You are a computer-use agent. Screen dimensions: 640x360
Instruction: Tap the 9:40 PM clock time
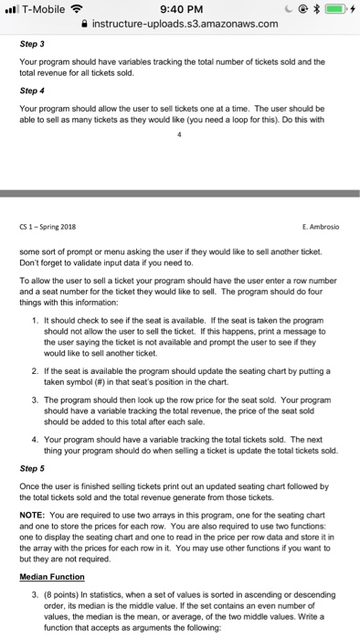[x=179, y=8]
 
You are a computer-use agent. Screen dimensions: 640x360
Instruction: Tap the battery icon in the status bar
[x=332, y=8]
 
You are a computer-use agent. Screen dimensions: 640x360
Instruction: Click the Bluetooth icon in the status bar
[x=308, y=8]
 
